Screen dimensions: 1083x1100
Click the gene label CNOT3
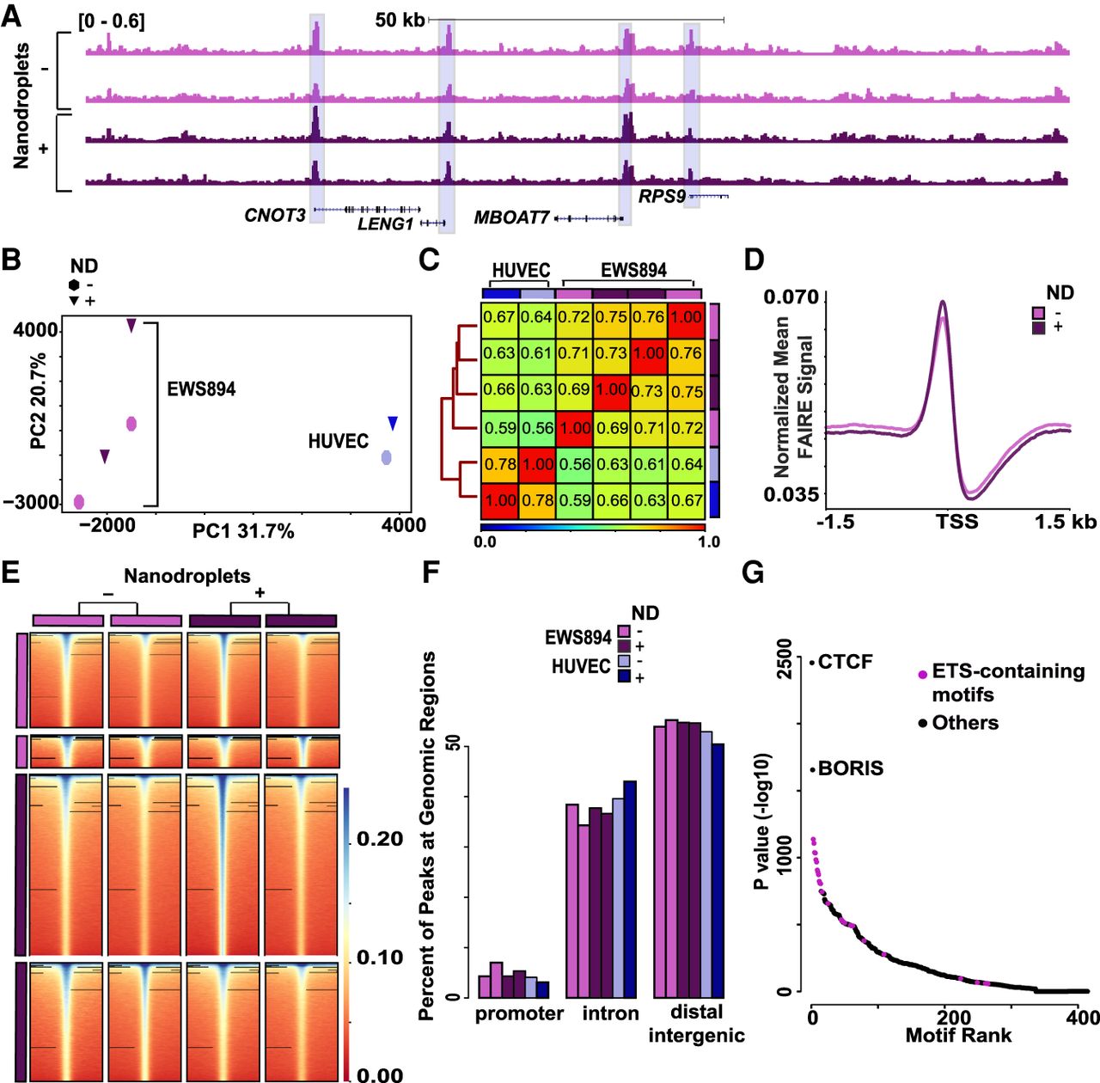point(274,216)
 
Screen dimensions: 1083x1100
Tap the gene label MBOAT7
point(510,218)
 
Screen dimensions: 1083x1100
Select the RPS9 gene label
point(661,197)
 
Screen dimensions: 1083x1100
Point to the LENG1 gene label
point(385,224)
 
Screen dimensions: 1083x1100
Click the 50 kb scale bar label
point(400,20)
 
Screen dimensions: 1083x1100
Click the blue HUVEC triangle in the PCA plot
point(393,423)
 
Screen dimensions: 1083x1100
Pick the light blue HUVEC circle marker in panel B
point(388,457)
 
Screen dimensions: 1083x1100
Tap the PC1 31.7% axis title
point(243,531)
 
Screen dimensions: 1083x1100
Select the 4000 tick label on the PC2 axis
point(36,331)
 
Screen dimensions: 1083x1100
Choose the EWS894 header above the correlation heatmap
point(633,270)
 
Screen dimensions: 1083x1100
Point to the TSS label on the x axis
point(956,522)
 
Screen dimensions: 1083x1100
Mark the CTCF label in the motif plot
point(845,662)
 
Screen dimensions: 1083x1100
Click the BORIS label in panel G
point(850,768)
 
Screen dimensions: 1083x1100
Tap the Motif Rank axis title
point(958,1036)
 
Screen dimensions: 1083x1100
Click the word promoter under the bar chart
point(519,1013)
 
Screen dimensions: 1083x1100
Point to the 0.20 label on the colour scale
point(379,839)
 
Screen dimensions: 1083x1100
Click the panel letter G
point(753,573)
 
